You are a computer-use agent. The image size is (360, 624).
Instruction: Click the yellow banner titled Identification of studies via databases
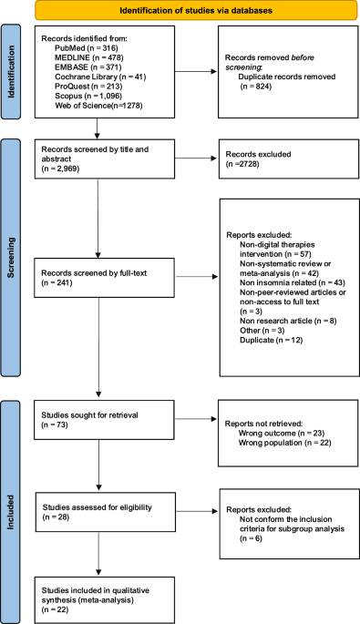190,11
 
